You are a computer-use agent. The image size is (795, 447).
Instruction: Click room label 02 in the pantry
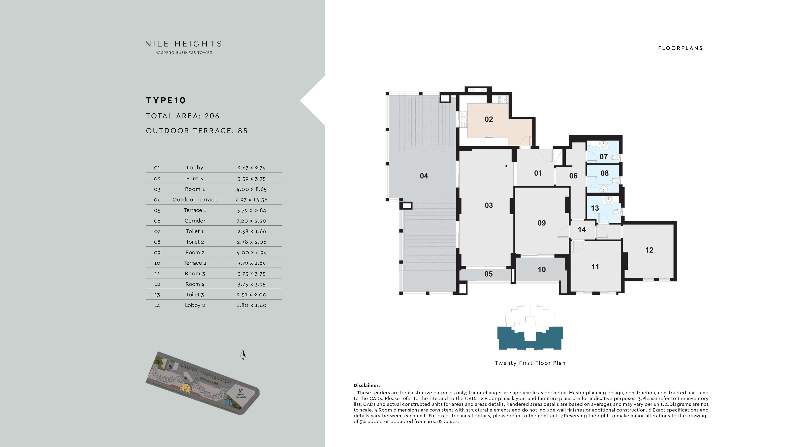click(489, 119)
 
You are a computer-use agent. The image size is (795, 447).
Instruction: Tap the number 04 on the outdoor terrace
click(424, 176)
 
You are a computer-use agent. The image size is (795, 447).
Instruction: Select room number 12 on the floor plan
click(649, 250)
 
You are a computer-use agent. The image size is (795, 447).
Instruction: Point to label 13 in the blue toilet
click(594, 208)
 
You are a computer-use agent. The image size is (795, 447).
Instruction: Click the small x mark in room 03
click(506, 166)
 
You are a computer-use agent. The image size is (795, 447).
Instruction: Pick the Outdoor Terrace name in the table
click(195, 200)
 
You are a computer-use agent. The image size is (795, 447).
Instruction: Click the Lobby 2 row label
click(195, 305)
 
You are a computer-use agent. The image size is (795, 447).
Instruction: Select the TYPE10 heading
click(166, 100)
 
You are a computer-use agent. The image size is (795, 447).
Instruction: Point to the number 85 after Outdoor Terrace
click(242, 131)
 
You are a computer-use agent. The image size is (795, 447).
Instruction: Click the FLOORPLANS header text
click(680, 48)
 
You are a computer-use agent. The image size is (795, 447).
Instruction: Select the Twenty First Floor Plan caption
click(530, 363)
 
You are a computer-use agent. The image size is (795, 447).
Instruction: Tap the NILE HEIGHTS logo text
click(184, 44)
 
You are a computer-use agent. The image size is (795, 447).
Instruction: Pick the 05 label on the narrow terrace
click(488, 274)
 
